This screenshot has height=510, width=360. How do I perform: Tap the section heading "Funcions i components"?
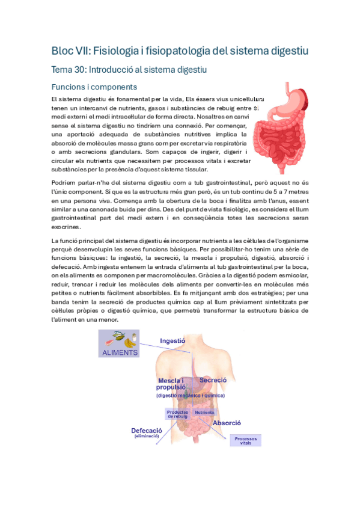[x=94, y=87]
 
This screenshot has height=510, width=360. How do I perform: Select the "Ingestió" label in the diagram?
[x=172, y=340]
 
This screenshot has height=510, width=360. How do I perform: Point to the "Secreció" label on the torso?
[x=213, y=380]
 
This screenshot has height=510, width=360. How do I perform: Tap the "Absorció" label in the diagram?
[x=227, y=423]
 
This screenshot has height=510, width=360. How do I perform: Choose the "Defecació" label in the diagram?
[x=147, y=431]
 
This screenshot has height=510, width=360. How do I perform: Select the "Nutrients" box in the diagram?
[x=204, y=413]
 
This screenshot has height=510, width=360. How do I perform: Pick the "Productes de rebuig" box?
[x=178, y=414]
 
